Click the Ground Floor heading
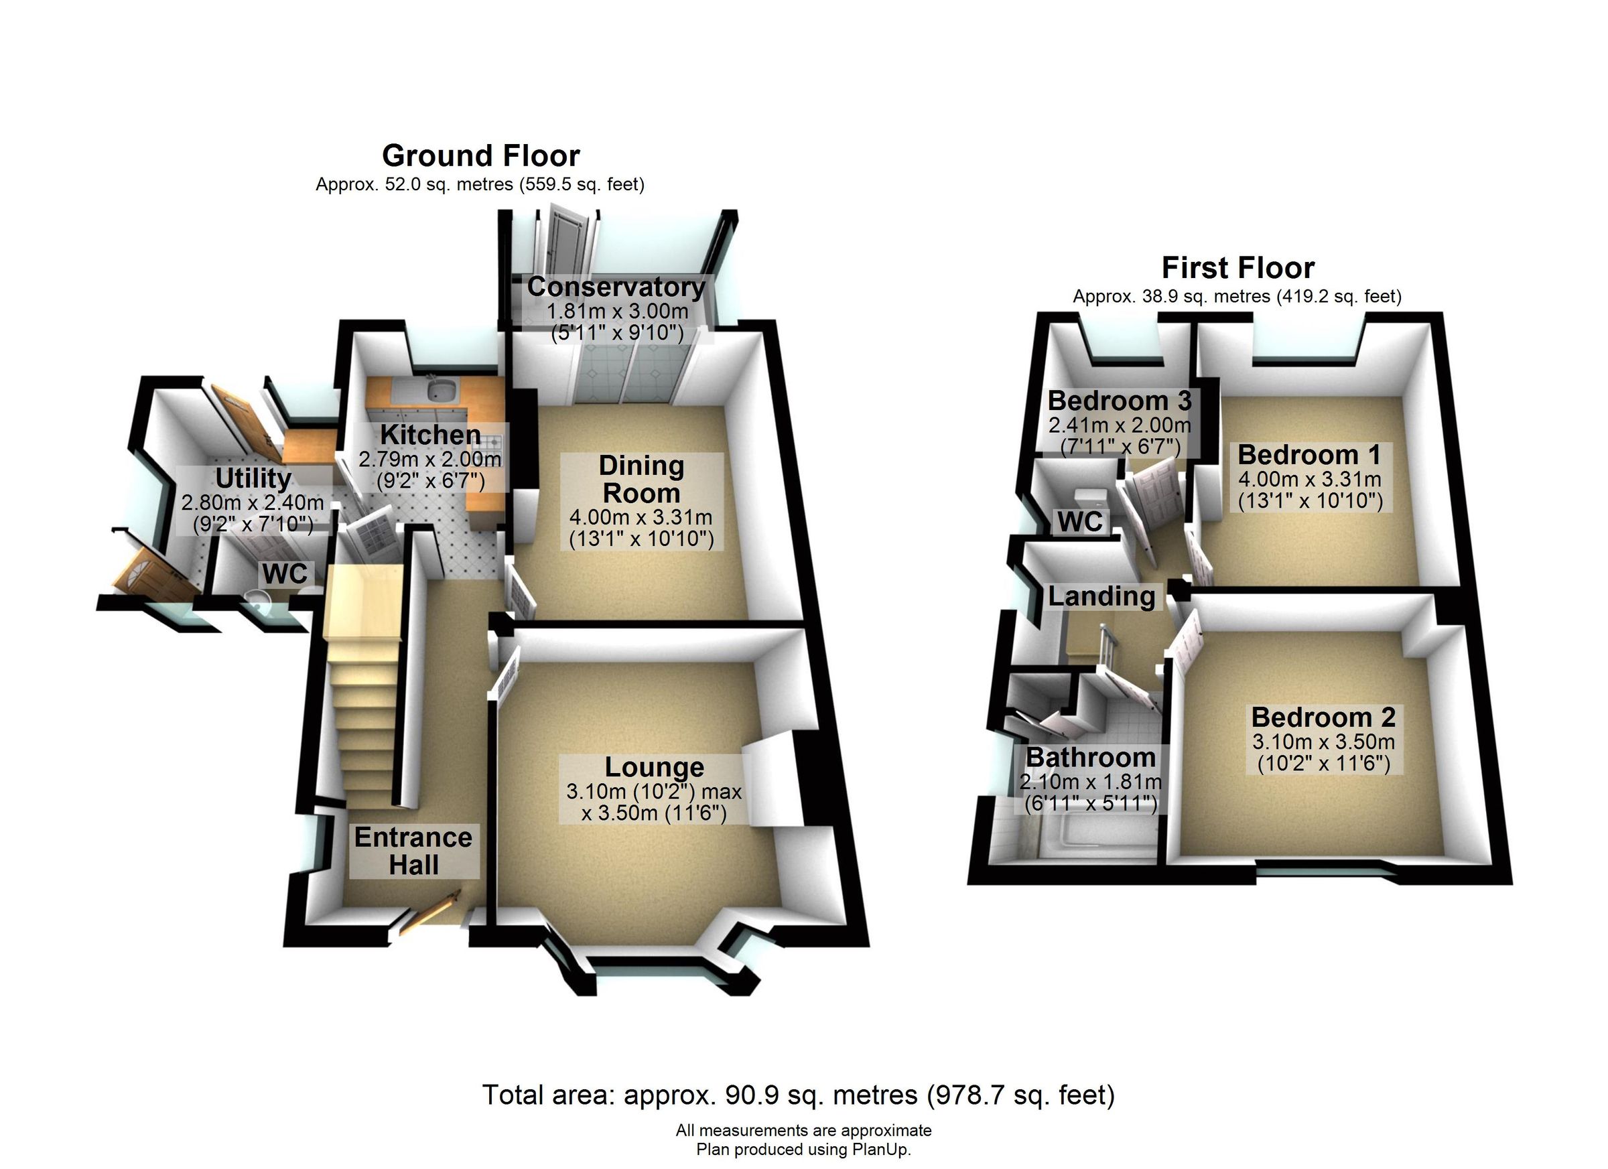480,155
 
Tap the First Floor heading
1237,268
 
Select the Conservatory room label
616,287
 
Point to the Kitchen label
429,434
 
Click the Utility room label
253,478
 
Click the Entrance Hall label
413,851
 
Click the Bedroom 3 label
1120,401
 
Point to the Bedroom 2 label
1323,717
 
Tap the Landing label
1101,596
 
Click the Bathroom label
1091,757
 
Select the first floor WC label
1080,522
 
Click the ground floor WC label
285,573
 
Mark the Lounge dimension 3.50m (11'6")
654,813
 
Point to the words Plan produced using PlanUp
803,1149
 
